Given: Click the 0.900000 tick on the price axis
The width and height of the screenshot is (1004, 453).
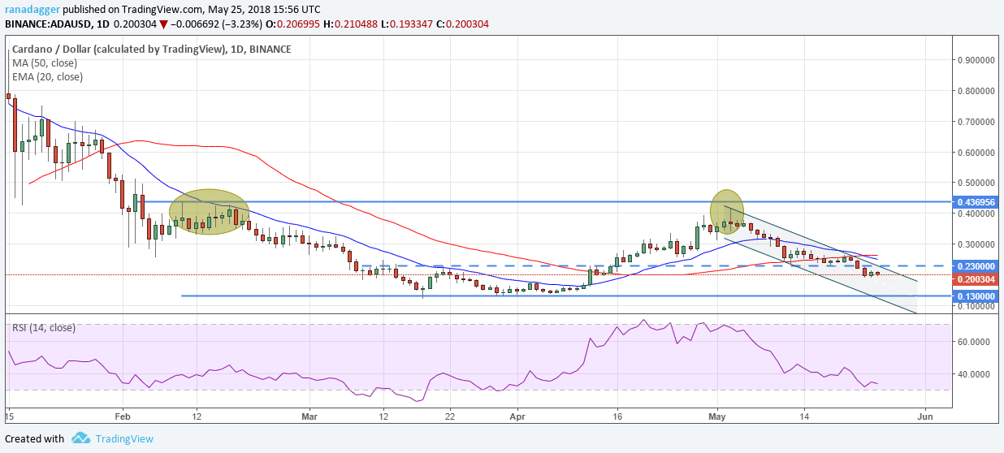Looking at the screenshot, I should click(976, 60).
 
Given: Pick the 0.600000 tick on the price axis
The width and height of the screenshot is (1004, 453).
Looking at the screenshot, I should click(976, 152).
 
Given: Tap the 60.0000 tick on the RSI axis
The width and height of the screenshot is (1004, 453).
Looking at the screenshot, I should click(975, 342).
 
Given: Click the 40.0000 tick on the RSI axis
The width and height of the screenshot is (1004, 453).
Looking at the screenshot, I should click(975, 374).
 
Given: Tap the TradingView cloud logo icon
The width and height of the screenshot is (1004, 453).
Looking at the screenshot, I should click(80, 438).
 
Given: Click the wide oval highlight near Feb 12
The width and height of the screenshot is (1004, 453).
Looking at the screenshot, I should click(209, 212).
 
